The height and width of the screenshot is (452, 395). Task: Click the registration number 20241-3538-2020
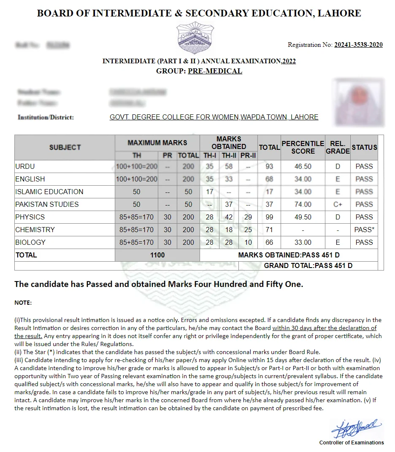tap(358, 45)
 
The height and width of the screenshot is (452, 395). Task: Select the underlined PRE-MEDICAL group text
tap(215, 71)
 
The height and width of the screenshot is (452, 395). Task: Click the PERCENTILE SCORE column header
tap(303, 147)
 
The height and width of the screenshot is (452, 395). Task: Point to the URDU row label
tap(25, 167)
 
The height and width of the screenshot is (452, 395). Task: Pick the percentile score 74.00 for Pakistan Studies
tap(303, 205)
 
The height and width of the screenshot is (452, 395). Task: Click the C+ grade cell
tap(338, 205)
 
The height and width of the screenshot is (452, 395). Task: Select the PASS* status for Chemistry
tap(364, 230)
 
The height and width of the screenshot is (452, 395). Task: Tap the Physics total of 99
tap(269, 217)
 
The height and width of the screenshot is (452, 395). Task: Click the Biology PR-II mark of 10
tap(248, 243)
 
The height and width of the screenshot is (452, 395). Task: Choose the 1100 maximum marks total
tap(157, 255)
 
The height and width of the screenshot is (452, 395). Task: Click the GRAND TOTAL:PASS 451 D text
tap(308, 266)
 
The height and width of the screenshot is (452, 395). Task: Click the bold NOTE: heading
tap(23, 303)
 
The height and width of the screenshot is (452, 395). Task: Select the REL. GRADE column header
tap(338, 147)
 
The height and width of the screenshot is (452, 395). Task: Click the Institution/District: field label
tap(46, 117)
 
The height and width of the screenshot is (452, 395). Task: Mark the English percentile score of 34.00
tap(303, 179)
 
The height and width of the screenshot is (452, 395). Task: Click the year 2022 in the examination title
tap(289, 62)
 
